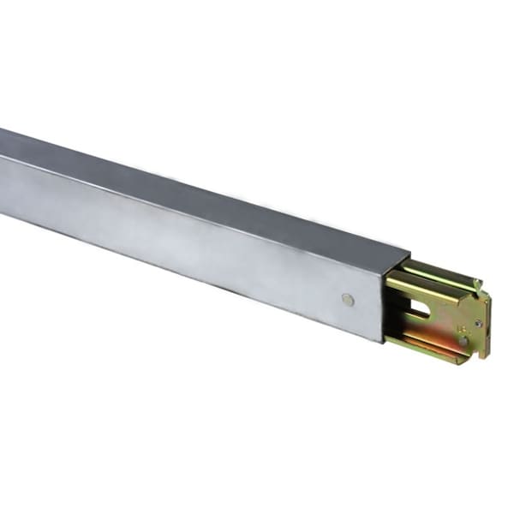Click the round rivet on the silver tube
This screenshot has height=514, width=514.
(x=347, y=299)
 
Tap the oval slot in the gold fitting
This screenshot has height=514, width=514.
(x=417, y=308)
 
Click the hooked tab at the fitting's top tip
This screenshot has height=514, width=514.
(x=475, y=284)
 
